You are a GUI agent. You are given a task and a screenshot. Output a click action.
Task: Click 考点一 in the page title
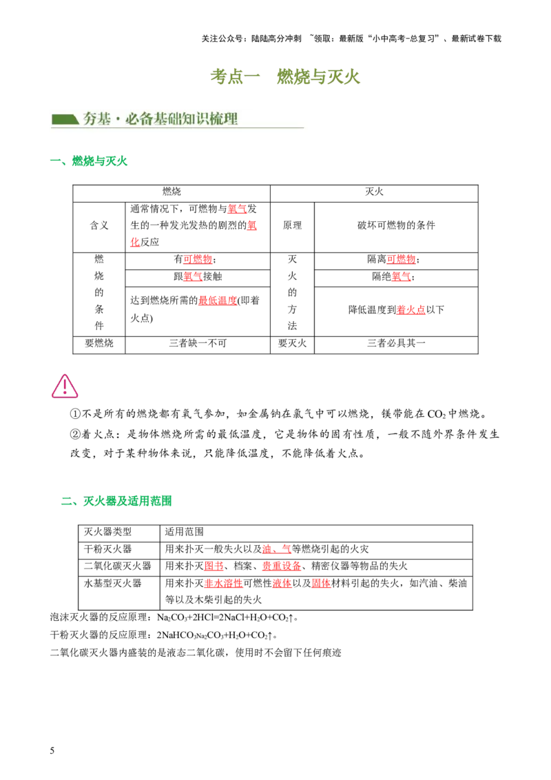click(236, 77)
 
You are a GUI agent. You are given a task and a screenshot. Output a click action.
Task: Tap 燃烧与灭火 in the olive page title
click(318, 77)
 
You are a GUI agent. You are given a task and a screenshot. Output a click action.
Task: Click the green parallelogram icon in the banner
click(65, 119)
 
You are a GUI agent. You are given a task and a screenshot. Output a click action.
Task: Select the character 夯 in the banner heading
click(90, 119)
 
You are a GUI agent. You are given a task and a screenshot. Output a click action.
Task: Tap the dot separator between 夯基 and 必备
click(117, 119)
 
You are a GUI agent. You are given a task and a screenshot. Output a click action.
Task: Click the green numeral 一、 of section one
click(57, 163)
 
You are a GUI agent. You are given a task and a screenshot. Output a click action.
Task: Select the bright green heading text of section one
click(101, 163)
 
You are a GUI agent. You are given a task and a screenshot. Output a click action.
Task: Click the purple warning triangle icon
click(65, 387)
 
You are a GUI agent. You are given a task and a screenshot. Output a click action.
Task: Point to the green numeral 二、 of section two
click(67, 501)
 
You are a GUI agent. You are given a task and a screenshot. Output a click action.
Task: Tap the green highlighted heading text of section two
click(128, 500)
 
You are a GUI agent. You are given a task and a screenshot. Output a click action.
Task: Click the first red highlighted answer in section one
click(237, 209)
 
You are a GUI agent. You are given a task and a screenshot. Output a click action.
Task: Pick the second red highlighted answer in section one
click(252, 225)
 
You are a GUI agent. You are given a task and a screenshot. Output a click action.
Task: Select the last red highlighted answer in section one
click(411, 311)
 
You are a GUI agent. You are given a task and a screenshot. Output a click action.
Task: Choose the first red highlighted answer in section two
click(276, 550)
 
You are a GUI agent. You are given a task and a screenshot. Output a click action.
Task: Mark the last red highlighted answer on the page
click(321, 584)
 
